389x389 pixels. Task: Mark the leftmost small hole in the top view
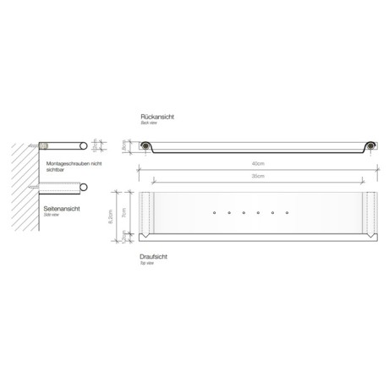215,211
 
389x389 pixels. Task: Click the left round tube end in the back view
147,146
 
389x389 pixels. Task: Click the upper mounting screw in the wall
38,146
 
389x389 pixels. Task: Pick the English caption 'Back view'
149,123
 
